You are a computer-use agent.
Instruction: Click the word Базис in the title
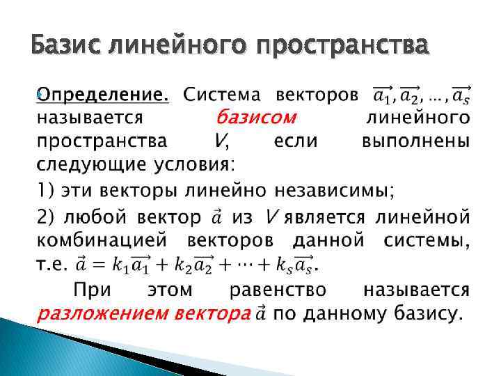coord(67,47)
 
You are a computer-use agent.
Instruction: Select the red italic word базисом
coord(256,116)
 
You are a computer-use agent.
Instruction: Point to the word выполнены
coord(416,141)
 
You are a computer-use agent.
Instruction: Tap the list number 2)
coord(45,217)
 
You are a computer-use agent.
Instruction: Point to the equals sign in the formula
coord(95,265)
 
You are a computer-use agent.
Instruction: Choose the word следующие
coord(85,165)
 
